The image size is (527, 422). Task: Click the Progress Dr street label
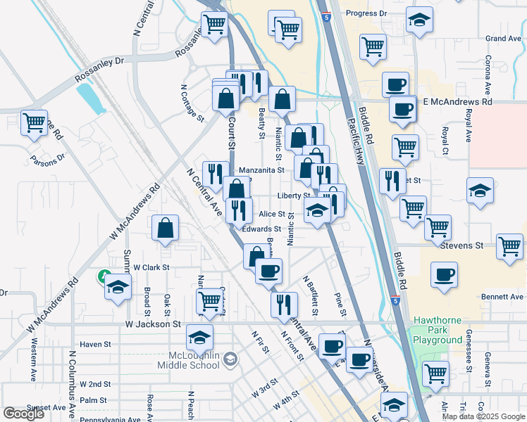(364, 13)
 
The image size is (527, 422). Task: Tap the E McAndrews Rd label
(458, 102)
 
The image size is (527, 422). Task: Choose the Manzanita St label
(261, 170)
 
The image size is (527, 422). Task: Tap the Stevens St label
(461, 246)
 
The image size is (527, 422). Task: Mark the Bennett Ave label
(502, 297)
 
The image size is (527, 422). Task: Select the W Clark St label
(151, 267)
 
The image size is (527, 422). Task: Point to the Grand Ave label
(503, 38)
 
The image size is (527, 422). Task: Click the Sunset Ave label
(46, 407)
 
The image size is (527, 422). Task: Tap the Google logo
(23, 414)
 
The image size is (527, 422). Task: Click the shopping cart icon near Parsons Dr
(34, 122)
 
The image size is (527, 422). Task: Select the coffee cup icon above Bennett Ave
(444, 274)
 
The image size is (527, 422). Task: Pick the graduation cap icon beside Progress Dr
(420, 21)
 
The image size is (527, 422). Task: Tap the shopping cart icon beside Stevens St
(509, 246)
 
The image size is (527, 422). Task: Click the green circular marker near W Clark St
(104, 274)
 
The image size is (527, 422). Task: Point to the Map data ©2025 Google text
(483, 416)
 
